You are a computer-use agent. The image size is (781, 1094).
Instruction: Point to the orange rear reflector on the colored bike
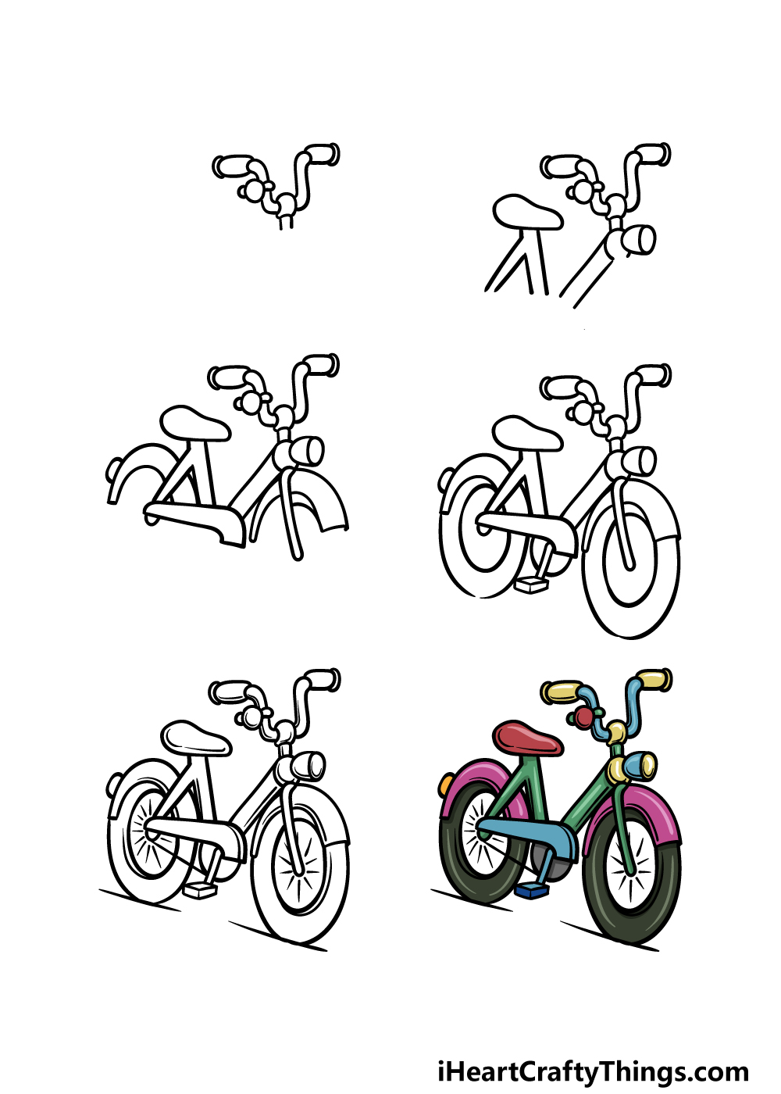(x=446, y=785)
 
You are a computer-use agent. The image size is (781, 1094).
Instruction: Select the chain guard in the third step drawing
(x=195, y=522)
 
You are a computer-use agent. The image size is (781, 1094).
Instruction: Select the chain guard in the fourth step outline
(x=527, y=532)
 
